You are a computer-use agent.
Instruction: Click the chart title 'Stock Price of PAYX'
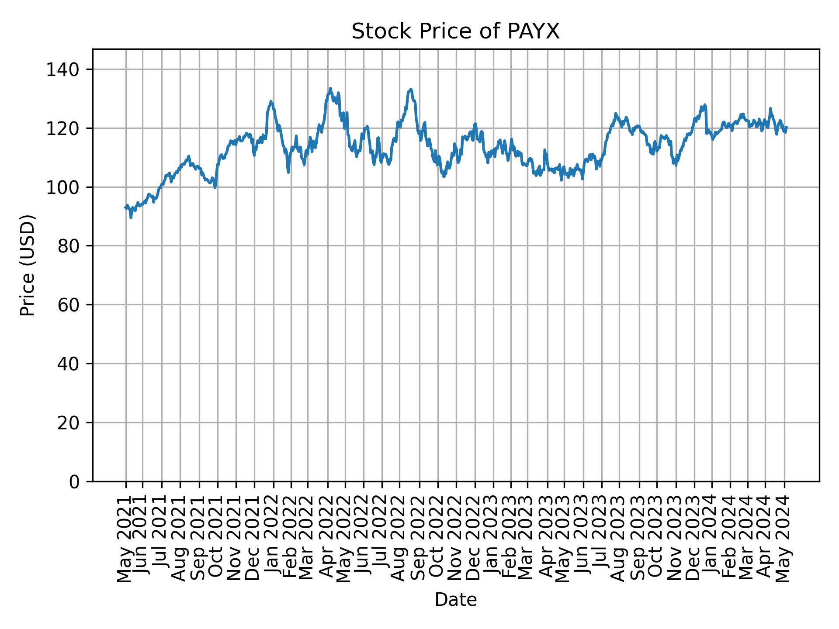pyautogui.click(x=455, y=32)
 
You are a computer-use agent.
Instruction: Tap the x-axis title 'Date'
pyautogui.click(x=455, y=600)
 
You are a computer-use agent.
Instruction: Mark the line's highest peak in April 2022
pyautogui.click(x=330, y=88)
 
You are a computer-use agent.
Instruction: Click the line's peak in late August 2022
pyautogui.click(x=410, y=89)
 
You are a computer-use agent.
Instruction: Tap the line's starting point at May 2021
pyautogui.click(x=125, y=207)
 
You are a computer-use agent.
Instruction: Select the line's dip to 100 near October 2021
pyautogui.click(x=215, y=187)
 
